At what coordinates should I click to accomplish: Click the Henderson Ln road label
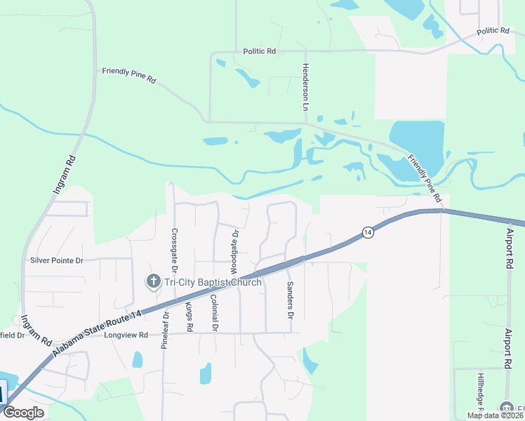pyautogui.click(x=305, y=88)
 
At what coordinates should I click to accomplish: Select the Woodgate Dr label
pyautogui.click(x=234, y=250)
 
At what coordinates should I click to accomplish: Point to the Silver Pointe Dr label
pyautogui.click(x=57, y=260)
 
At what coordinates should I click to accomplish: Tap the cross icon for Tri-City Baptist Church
pyautogui.click(x=153, y=282)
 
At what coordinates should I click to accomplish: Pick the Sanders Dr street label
pyautogui.click(x=289, y=300)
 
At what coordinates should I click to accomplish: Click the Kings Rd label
pyautogui.click(x=189, y=316)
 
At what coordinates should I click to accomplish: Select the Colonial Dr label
pyautogui.click(x=214, y=313)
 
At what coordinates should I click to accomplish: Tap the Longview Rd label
pyautogui.click(x=126, y=335)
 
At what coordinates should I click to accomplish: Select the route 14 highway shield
pyautogui.click(x=367, y=232)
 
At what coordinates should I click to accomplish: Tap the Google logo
pyautogui.click(x=23, y=413)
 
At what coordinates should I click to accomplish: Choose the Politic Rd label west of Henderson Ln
pyautogui.click(x=260, y=51)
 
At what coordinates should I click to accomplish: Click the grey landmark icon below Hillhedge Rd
pyautogui.click(x=507, y=408)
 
